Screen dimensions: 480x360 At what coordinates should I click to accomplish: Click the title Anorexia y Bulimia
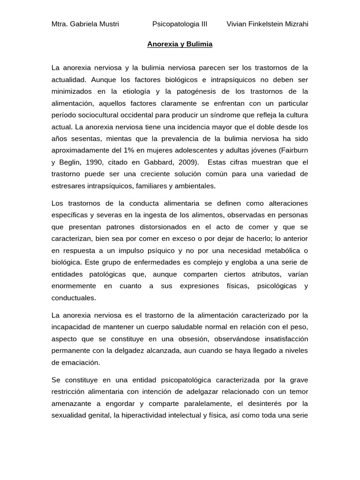[180, 44]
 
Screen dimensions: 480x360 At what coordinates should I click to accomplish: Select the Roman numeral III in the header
[202, 24]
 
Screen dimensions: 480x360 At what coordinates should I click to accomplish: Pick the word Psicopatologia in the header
[174, 24]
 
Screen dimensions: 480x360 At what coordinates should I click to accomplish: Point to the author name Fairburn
[294, 150]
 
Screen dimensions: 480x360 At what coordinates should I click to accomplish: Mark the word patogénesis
[201, 91]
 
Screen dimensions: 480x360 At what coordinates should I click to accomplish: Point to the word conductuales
[74, 298]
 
